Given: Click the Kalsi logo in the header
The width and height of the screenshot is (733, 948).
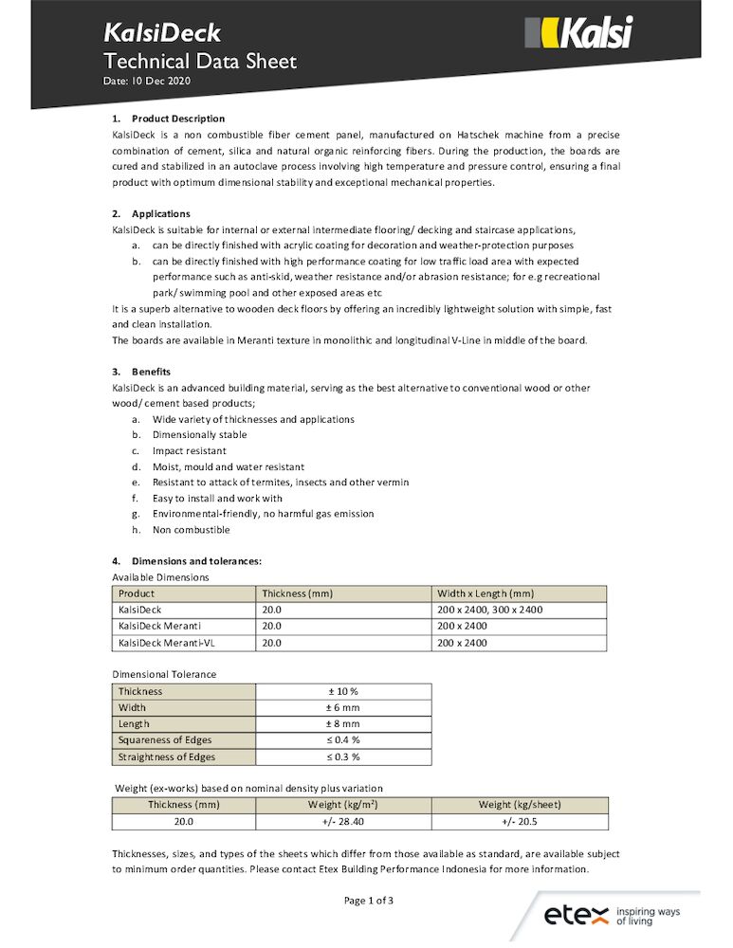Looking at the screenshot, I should [x=577, y=34].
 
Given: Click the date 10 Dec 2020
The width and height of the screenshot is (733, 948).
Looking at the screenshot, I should [x=147, y=82].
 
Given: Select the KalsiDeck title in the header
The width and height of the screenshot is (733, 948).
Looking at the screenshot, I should [x=162, y=34].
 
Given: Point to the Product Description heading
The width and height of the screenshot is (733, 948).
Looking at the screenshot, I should [x=178, y=118].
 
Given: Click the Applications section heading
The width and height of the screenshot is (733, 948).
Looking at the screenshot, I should [x=160, y=213].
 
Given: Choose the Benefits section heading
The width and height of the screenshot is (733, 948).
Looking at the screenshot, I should [x=151, y=372].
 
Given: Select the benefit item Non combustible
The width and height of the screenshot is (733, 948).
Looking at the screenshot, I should [x=191, y=530].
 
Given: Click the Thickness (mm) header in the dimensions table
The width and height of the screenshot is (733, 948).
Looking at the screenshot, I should [x=297, y=593].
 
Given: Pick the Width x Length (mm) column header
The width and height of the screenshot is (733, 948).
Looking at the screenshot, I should [x=486, y=593].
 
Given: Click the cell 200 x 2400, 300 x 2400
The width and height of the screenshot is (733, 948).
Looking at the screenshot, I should [x=489, y=610].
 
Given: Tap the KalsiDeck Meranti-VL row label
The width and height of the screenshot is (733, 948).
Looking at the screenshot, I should [x=162, y=643].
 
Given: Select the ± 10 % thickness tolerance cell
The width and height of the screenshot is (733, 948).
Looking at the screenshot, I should [x=343, y=691].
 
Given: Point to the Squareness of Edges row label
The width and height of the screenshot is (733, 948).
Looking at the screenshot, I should [x=165, y=739].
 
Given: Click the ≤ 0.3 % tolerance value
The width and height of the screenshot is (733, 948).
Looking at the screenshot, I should [x=343, y=757].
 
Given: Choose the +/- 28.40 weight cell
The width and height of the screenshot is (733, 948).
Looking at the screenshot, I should [x=343, y=821].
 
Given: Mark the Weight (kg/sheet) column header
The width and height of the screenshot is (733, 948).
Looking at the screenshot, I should [x=520, y=805].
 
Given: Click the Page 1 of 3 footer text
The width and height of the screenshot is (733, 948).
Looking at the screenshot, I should [x=369, y=901].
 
